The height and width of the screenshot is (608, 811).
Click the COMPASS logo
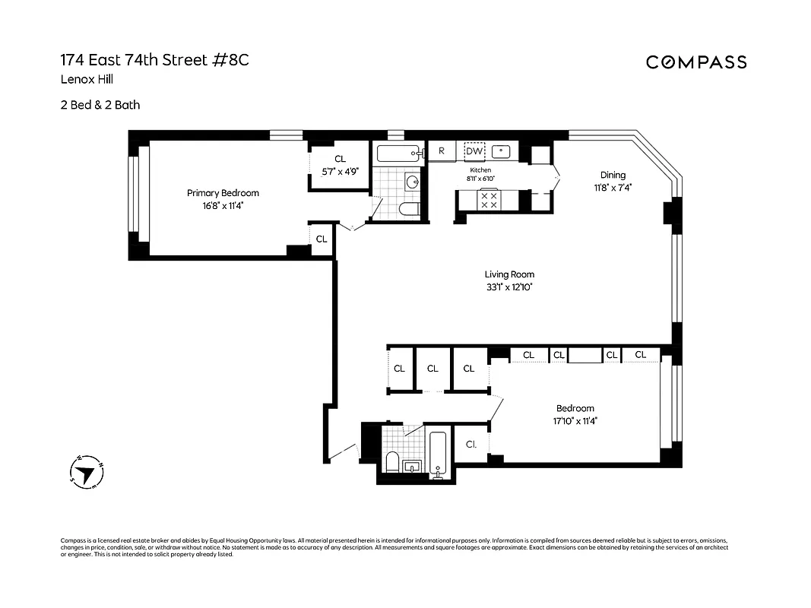tap(696, 62)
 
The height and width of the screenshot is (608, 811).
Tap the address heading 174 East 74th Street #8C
tap(154, 60)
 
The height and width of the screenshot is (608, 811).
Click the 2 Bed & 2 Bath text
tap(100, 105)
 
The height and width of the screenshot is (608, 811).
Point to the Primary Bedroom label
tap(223, 193)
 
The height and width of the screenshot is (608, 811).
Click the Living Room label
tap(509, 274)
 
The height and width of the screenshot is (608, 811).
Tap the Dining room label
tap(613, 175)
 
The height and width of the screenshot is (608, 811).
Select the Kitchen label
tap(480, 170)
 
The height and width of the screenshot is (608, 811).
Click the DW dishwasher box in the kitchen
tap(474, 151)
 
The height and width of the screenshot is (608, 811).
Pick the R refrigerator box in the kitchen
tap(441, 151)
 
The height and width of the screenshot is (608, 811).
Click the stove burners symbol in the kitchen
tap(489, 201)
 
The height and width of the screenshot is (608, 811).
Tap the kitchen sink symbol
tap(501, 150)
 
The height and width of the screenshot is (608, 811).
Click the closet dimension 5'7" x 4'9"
tap(340, 172)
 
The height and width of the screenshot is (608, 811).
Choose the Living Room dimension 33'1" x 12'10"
tap(509, 287)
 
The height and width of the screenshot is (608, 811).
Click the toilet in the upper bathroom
tap(408, 210)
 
